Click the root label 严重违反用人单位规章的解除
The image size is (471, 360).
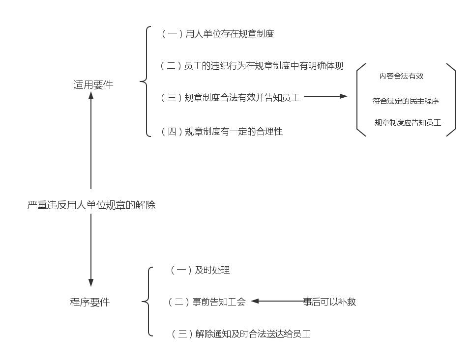[x=91, y=205]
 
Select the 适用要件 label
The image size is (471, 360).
[x=93, y=84]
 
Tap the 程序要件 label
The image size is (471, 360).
[x=90, y=302]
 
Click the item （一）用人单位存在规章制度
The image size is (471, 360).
[x=217, y=33]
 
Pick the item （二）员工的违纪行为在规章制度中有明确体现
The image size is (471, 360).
[x=252, y=66]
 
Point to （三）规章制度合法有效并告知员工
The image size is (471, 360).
[x=230, y=98]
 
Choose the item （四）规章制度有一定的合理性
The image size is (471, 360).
[x=222, y=132]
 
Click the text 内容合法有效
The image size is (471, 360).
[x=401, y=76]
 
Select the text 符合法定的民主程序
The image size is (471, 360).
[x=406, y=101]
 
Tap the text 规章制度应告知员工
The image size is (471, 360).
[x=408, y=122]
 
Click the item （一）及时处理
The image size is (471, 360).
[x=200, y=270]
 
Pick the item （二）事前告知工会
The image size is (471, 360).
[x=206, y=302]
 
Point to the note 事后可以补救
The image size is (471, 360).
[x=329, y=302]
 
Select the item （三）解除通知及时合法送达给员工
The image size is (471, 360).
[x=241, y=334]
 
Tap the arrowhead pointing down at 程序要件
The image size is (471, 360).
[x=91, y=282]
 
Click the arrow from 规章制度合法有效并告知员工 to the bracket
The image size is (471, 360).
[x=325, y=96]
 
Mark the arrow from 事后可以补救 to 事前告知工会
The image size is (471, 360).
[x=278, y=301]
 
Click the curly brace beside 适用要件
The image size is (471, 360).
[x=146, y=82]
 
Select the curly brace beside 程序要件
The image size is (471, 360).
[x=147, y=302]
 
